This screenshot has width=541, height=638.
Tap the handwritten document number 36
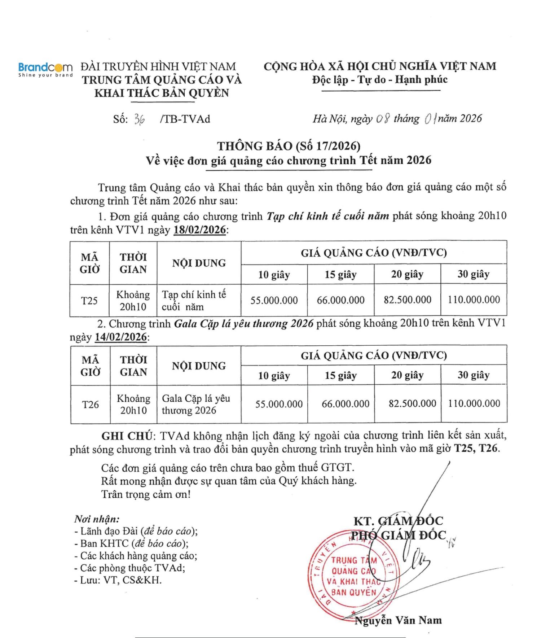[139, 119]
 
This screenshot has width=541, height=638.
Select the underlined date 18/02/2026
[199, 230]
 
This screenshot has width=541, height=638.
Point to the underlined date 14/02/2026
[121, 337]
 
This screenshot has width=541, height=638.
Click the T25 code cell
[89, 301]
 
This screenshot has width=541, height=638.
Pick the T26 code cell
[90, 405]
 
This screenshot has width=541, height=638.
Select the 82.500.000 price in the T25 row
[407, 300]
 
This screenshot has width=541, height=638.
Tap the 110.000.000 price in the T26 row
[474, 403]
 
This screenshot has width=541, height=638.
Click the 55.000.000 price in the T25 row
[274, 300]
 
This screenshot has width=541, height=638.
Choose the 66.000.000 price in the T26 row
[346, 403]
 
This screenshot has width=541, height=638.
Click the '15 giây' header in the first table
[340, 275]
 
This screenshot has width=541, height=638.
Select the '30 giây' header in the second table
[474, 375]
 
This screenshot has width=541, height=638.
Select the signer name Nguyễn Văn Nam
[398, 620]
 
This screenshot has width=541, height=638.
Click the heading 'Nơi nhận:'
[97, 519]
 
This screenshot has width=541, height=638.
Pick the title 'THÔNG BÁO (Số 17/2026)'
[289, 146]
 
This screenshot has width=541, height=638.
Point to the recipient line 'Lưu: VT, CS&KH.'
[118, 580]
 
